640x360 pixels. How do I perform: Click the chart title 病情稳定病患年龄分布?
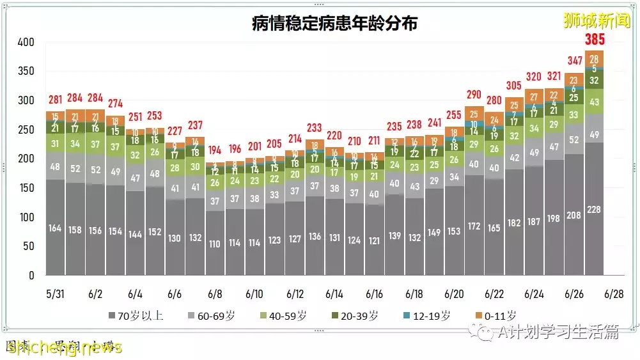(x=335, y=24)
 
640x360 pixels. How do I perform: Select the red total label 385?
(x=595, y=40)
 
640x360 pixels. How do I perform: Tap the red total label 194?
(x=215, y=150)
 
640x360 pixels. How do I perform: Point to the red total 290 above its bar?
(x=474, y=95)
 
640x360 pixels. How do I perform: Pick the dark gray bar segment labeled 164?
(x=55, y=228)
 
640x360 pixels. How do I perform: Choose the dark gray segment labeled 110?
(x=215, y=243)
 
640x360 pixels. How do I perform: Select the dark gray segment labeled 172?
(x=474, y=226)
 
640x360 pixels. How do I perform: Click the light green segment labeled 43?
(x=595, y=102)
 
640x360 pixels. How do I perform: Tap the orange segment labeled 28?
(x=595, y=58)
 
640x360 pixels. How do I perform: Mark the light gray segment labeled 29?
(x=434, y=181)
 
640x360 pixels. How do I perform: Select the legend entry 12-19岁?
(x=428, y=315)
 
